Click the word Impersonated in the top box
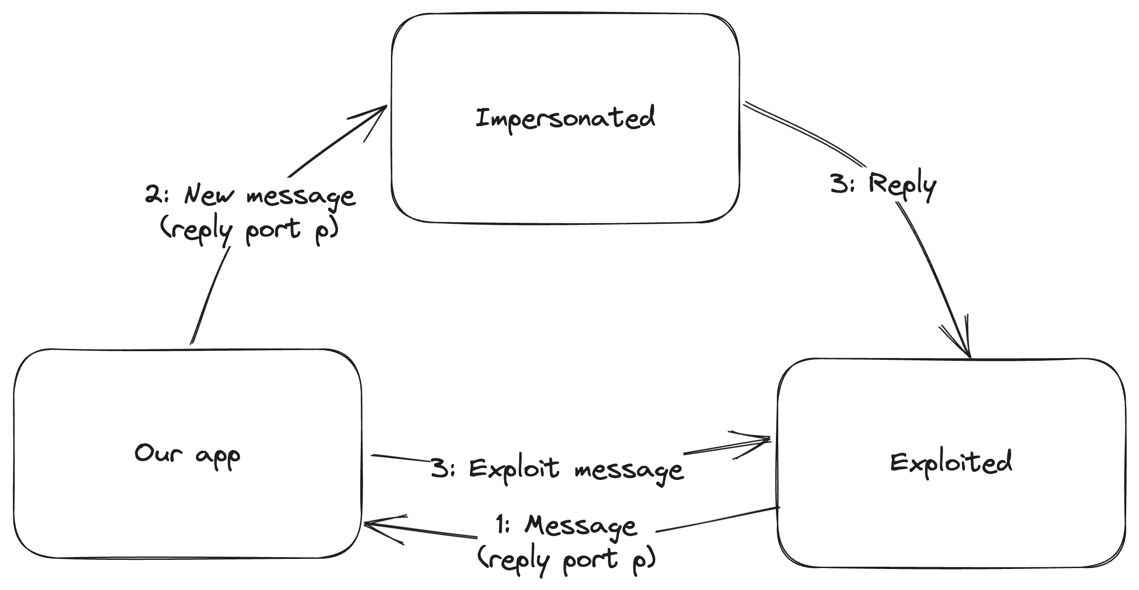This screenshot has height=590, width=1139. (x=565, y=118)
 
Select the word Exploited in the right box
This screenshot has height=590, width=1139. (x=951, y=462)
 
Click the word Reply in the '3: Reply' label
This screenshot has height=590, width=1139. (x=902, y=185)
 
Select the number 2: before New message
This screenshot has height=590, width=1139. (x=157, y=195)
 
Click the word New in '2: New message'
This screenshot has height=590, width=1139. (x=208, y=195)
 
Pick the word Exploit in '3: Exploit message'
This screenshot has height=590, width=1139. (x=514, y=469)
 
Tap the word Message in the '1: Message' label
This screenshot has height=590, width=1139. (x=580, y=527)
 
